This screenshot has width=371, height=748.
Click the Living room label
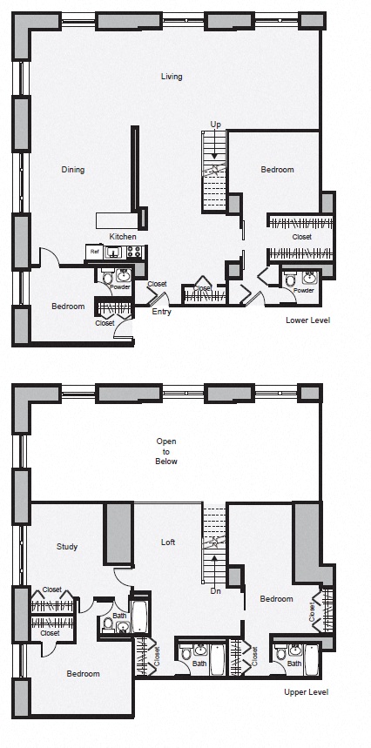click(x=172, y=77)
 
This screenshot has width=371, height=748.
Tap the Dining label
click(x=72, y=170)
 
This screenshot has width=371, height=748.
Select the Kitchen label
click(x=122, y=237)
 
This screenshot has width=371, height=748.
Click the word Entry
click(x=161, y=311)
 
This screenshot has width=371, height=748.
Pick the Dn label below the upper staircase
click(x=215, y=591)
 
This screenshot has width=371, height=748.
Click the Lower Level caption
click(x=307, y=320)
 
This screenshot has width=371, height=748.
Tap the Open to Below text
click(x=166, y=451)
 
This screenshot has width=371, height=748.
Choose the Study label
click(x=67, y=547)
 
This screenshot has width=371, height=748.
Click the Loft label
click(x=168, y=542)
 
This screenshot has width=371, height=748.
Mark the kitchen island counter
click(x=117, y=218)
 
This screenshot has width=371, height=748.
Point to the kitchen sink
click(x=113, y=253)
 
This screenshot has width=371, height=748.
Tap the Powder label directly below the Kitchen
click(x=120, y=286)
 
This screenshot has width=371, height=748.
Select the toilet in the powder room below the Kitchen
click(x=107, y=278)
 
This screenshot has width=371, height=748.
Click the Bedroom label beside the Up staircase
click(x=277, y=170)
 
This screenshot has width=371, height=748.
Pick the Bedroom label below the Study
click(x=84, y=673)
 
